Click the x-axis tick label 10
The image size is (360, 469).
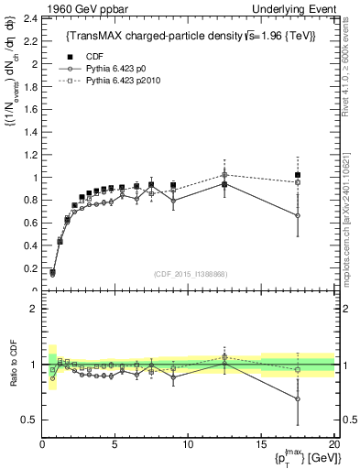(x=188, y=444)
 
